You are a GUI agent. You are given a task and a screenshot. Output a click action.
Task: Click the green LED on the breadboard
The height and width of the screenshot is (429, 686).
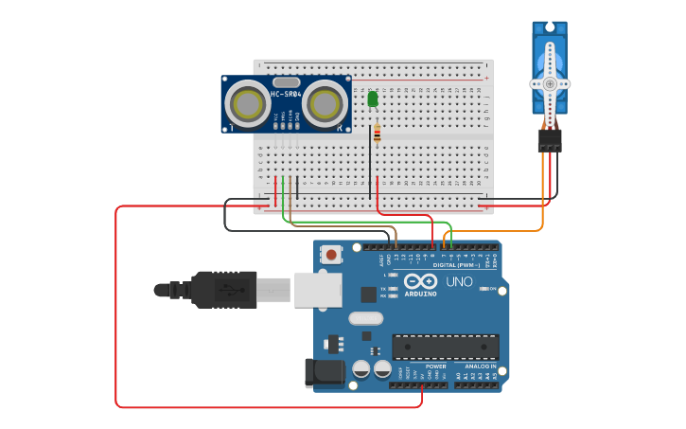click(373, 98)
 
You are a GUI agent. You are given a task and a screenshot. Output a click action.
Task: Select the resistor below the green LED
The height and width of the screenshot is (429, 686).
click(378, 134)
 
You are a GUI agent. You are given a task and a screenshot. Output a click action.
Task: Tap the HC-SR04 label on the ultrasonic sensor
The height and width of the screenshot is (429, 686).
click(286, 94)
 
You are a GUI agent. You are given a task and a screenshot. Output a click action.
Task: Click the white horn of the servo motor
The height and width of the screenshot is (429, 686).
click(550, 82)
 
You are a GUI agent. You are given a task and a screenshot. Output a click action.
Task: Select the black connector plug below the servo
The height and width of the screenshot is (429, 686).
click(550, 140)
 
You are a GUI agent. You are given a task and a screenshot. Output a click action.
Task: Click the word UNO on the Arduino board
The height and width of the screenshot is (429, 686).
click(459, 281)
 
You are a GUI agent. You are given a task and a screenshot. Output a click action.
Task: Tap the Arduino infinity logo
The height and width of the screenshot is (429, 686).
click(420, 281)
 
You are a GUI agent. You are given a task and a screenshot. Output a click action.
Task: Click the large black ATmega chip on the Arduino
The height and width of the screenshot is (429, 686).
click(445, 347)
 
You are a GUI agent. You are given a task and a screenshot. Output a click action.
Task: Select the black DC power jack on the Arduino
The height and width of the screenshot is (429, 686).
click(323, 371)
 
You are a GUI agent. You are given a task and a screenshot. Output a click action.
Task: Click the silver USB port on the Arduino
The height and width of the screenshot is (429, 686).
click(316, 289)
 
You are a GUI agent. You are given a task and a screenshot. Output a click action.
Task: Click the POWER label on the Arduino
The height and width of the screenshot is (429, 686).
click(435, 366)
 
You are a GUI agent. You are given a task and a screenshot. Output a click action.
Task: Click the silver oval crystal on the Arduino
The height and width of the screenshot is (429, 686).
click(365, 318)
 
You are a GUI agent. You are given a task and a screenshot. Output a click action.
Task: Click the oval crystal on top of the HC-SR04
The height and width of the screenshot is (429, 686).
click(286, 82)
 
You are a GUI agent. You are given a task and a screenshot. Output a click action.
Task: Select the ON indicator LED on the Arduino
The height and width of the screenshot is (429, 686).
click(485, 289)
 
